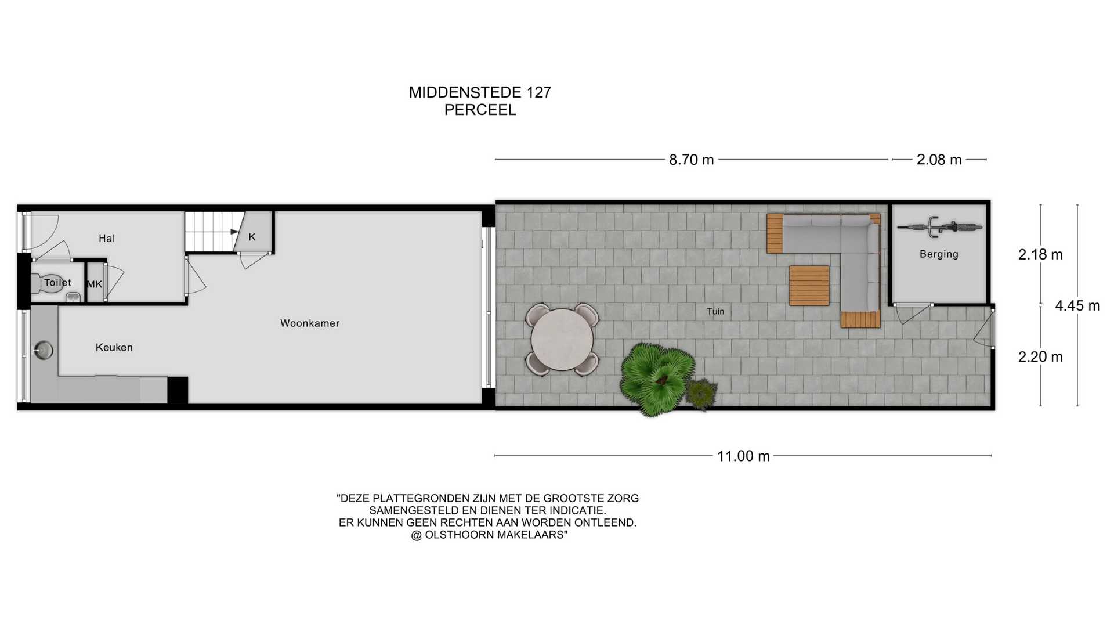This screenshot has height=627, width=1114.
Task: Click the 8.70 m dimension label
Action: tap(691, 160)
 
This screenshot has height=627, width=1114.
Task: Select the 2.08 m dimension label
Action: tap(939, 160)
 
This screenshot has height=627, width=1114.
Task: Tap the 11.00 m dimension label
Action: tap(743, 456)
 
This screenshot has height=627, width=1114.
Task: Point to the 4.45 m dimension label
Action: tap(1077, 306)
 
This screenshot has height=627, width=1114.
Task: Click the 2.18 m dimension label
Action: tap(1040, 255)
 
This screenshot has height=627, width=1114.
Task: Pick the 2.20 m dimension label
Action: tap(1040, 357)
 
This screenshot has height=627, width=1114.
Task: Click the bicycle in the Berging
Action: tap(939, 226)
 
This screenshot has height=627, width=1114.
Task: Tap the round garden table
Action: tap(562, 340)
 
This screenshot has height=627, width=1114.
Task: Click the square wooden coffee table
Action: tap(809, 286)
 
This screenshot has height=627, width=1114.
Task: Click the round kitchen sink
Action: tap(43, 350)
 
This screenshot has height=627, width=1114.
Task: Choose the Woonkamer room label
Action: tap(310, 323)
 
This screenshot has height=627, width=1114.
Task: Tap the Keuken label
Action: tap(114, 348)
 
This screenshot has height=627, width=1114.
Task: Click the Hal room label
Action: tap(107, 239)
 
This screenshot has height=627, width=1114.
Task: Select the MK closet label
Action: tap(95, 284)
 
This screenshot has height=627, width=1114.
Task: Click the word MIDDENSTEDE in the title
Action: tap(465, 92)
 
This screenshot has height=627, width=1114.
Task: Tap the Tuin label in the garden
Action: tap(715, 312)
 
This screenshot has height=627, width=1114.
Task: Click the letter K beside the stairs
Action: tap(252, 237)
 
